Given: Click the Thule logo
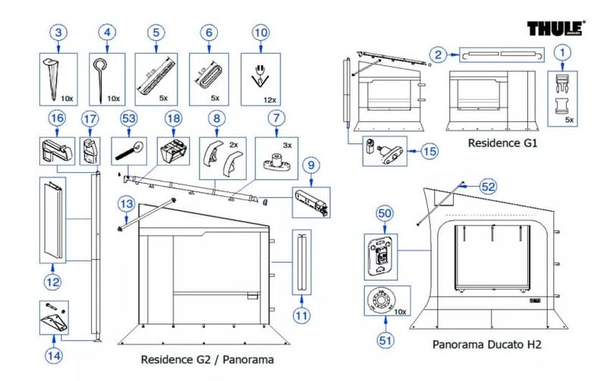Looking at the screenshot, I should (557, 29).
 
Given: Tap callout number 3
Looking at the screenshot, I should (60, 33).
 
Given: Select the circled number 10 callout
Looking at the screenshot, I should (260, 33).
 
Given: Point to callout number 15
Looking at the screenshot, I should (429, 152).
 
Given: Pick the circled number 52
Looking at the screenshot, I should (488, 186).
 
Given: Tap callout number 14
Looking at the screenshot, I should (54, 354).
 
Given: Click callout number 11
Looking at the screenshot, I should (302, 315).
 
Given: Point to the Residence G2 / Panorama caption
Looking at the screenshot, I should (207, 359).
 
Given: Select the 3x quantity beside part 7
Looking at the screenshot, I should (287, 143).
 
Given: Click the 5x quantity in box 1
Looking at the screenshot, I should (569, 120).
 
